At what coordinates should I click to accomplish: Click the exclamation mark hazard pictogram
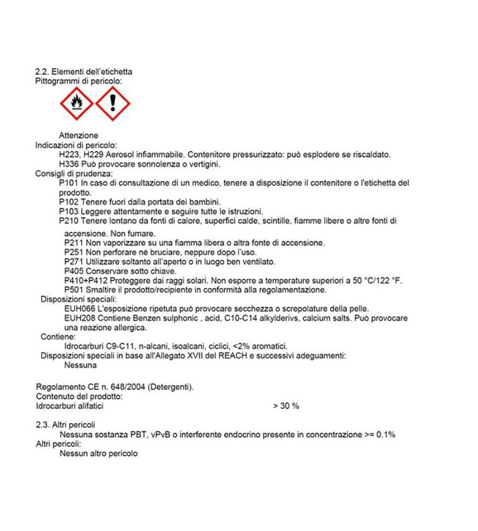pos(113,103)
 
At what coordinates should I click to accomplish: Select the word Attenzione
pos(79,135)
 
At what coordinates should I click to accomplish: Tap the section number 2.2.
pos(41,72)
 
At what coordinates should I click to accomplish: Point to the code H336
pos(69,164)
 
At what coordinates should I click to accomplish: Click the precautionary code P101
pos(69,183)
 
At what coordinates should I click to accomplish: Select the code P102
pos(69,202)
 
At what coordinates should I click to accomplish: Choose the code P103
pos(69,211)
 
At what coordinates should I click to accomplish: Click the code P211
pos(74,243)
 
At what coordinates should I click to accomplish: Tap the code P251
pos(74,252)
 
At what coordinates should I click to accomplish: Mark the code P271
pos(74,262)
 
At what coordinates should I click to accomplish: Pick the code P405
pos(74,271)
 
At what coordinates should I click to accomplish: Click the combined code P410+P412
pos(86,280)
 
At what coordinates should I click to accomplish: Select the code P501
pos(74,290)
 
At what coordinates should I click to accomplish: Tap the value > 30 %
pos(286,406)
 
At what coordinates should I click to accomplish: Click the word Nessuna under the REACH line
pos(81,365)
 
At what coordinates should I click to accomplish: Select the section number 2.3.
pos(42,425)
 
